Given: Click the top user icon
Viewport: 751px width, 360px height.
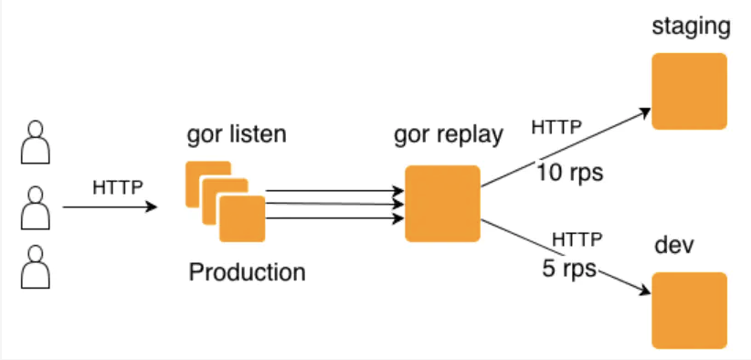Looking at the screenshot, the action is [x=36, y=143].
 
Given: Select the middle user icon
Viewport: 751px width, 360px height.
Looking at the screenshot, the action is [x=36, y=207].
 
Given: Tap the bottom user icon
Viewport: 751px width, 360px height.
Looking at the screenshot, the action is [x=36, y=267].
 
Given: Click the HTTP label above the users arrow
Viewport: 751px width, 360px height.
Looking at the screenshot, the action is [x=118, y=187].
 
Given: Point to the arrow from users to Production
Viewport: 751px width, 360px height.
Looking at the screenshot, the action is [x=111, y=207].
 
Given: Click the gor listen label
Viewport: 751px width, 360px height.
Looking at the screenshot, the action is [x=237, y=134].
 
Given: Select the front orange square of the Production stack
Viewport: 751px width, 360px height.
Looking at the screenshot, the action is [x=242, y=218].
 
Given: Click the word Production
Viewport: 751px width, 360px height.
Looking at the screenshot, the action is [x=248, y=272].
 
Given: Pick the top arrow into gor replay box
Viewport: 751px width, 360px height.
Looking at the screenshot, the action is [x=335, y=191].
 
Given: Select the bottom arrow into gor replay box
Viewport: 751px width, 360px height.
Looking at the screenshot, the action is [x=335, y=218].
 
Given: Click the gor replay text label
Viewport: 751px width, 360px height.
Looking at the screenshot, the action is [x=449, y=135].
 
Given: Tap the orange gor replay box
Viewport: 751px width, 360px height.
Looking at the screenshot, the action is [x=442, y=204].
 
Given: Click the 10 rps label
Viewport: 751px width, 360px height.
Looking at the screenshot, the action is [x=569, y=173].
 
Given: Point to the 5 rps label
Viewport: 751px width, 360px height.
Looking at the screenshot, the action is [x=569, y=269].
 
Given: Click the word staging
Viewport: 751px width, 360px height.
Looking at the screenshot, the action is [x=691, y=27].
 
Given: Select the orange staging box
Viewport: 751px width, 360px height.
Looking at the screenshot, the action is [x=690, y=91].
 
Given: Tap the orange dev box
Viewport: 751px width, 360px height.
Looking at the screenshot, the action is [x=690, y=311].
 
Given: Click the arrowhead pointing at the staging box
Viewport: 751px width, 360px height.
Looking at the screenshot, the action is [x=646, y=113].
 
